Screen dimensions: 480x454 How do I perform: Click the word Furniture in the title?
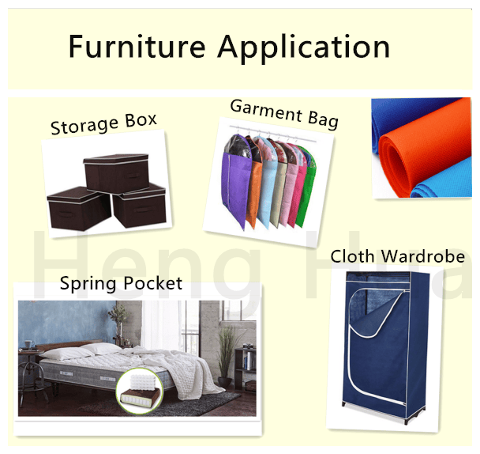point(137,46)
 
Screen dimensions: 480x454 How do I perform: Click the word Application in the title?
point(304,48)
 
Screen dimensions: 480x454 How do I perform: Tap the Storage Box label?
point(103,123)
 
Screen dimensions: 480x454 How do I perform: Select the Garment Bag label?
point(284,114)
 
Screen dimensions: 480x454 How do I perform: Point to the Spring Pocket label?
point(121,283)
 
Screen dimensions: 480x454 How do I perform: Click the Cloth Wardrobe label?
point(397,256)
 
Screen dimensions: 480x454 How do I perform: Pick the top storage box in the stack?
point(116,173)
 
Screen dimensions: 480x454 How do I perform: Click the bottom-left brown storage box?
point(79,209)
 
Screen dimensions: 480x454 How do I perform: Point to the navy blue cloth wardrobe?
point(386,345)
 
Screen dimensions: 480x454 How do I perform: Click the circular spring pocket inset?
point(140,391)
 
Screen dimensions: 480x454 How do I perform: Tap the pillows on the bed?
point(83,350)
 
